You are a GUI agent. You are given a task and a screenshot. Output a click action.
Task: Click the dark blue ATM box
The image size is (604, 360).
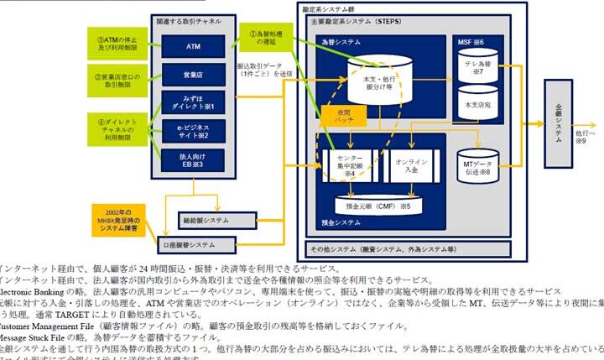coord(194,46)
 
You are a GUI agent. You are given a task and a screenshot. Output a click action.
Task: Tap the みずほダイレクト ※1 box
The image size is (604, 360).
coord(194,103)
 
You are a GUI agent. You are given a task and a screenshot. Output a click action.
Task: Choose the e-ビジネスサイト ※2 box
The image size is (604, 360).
coord(194,131)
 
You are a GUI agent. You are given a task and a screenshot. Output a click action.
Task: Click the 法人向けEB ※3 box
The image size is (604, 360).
coord(194,159)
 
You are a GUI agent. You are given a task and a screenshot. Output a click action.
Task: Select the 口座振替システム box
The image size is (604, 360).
coord(193,244)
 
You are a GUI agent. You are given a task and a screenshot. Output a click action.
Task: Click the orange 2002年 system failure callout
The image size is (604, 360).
coord(117,218)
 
